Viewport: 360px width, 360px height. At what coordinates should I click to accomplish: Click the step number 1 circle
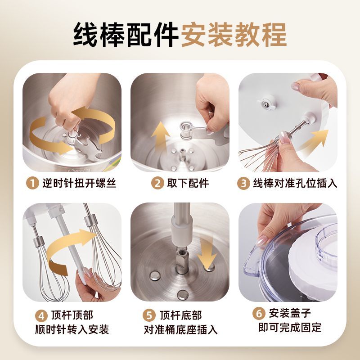pyautogui.click(x=32, y=183)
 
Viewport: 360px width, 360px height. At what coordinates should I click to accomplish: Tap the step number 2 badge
pyautogui.click(x=157, y=183)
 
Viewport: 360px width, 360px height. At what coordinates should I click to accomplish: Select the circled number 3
pyautogui.click(x=243, y=183)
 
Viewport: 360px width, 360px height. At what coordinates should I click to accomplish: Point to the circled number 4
pyautogui.click(x=41, y=316)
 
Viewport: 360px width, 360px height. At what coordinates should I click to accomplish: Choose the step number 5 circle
pyautogui.click(x=149, y=315)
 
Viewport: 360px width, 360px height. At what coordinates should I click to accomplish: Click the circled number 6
pyautogui.click(x=259, y=313)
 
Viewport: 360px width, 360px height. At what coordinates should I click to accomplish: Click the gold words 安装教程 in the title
pyautogui.click(x=234, y=35)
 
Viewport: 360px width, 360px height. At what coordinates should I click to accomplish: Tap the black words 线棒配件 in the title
pyautogui.click(x=126, y=35)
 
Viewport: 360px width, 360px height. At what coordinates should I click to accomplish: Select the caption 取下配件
pyautogui.click(x=188, y=183)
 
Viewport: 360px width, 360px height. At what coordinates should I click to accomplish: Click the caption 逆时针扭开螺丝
pyautogui.click(x=79, y=183)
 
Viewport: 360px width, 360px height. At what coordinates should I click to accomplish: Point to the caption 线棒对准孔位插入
pyautogui.click(x=295, y=184)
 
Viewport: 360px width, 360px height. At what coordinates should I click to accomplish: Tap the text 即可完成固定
pyautogui.click(x=290, y=328)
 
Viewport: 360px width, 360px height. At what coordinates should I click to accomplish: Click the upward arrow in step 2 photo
pyautogui.click(x=161, y=137)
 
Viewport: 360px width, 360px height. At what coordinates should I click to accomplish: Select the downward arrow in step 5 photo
pyautogui.click(x=207, y=253)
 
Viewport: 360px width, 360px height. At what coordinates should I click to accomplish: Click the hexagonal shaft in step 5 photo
pyautogui.click(x=182, y=261)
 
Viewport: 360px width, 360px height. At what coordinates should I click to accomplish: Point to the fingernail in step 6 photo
pyautogui.click(x=262, y=241)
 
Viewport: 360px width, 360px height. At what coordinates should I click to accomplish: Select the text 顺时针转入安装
pyautogui.click(x=72, y=330)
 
